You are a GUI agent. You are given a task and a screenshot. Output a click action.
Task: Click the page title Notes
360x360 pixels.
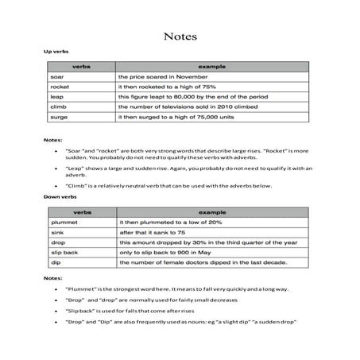pyautogui.click(x=180, y=37)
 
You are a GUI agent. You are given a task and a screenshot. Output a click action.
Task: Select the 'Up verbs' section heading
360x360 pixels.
pyautogui.click(x=56, y=51)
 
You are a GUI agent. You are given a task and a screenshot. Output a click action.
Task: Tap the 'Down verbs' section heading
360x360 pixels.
pyautogui.click(x=60, y=195)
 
